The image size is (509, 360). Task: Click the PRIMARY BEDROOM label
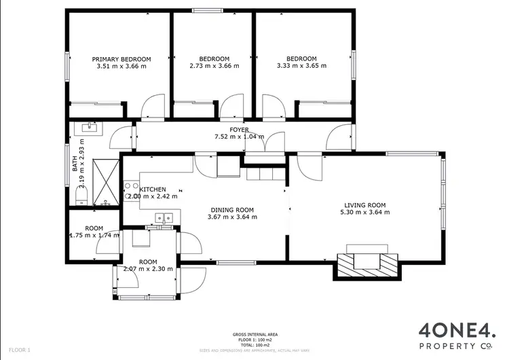pos(121,59)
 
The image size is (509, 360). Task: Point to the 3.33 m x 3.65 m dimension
pos(301,67)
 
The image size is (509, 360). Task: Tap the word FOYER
pos(239,129)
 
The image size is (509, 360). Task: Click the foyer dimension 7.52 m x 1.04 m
pos(239,137)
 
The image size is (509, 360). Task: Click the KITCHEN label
pos(153,189)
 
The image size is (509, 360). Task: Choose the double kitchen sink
pos(165,218)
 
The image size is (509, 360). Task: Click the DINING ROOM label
pos(231,210)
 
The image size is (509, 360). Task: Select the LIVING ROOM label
pos(364,205)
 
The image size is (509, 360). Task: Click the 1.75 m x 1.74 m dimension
pos(94,235)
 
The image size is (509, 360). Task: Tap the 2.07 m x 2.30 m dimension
pos(148,269)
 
